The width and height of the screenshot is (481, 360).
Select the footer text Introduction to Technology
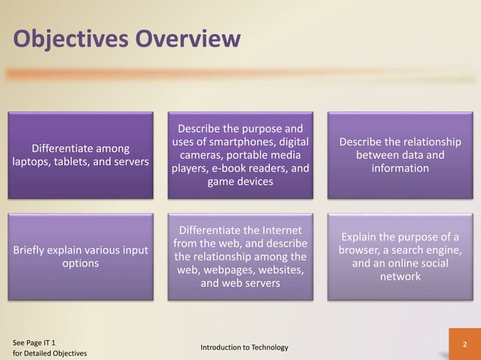[244, 346]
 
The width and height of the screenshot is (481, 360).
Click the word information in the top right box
[400, 168]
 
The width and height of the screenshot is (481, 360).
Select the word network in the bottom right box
[400, 277]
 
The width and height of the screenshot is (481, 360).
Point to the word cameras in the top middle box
[199, 154]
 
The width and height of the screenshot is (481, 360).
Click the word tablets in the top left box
[86, 162]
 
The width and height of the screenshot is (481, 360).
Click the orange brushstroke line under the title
[226, 75]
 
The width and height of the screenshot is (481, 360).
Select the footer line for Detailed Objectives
[50, 353]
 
